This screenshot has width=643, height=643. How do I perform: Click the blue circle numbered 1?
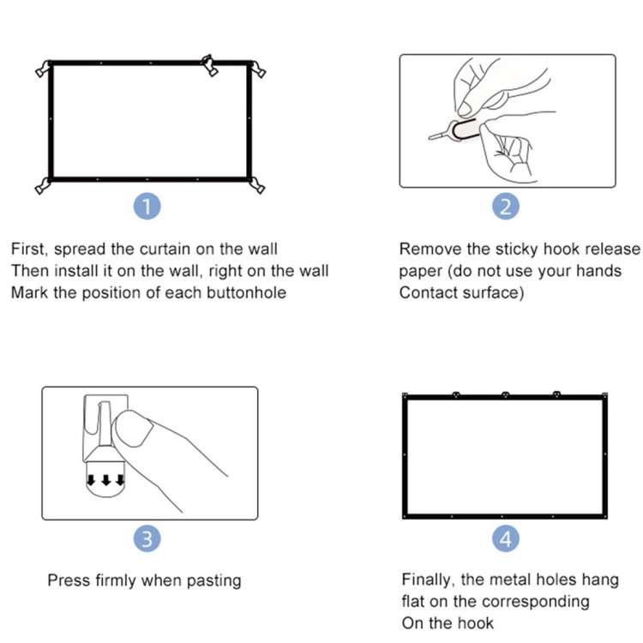[x=148, y=207]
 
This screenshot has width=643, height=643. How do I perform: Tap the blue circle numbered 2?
[x=506, y=207]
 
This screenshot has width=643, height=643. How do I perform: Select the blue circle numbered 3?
[x=148, y=539]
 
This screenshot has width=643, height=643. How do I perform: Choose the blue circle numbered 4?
[x=506, y=539]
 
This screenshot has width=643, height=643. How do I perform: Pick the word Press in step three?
[x=69, y=580]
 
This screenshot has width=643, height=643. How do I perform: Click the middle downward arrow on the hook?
[x=106, y=479]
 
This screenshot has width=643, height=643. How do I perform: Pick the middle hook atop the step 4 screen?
[x=505, y=395]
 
